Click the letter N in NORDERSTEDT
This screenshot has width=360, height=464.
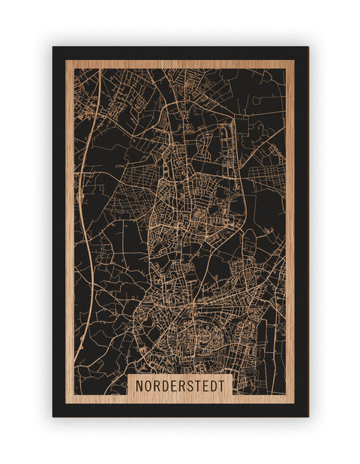pyautogui.click(x=140, y=384)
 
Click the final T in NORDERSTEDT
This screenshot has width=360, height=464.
pyautogui.click(x=220, y=384)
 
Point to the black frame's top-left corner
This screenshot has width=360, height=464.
pyautogui.click(x=54, y=48)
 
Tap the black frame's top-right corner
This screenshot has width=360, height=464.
pyautogui.click(x=307, y=48)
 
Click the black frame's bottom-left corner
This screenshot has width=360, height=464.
pyautogui.click(x=54, y=415)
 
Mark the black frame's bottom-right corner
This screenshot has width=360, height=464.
pyautogui.click(x=307, y=415)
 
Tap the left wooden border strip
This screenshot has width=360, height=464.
pyautogui.click(x=70, y=225)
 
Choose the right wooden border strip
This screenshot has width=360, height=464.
pyautogui.click(x=290, y=225)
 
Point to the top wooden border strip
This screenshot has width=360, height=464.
pyautogui.click(x=180, y=64)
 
